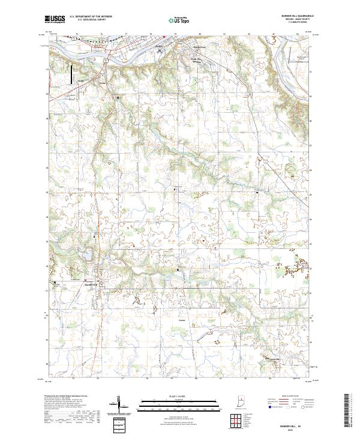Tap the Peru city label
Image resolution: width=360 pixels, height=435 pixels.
point(160,46)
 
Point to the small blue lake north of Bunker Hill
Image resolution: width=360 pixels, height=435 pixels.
point(87,256)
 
